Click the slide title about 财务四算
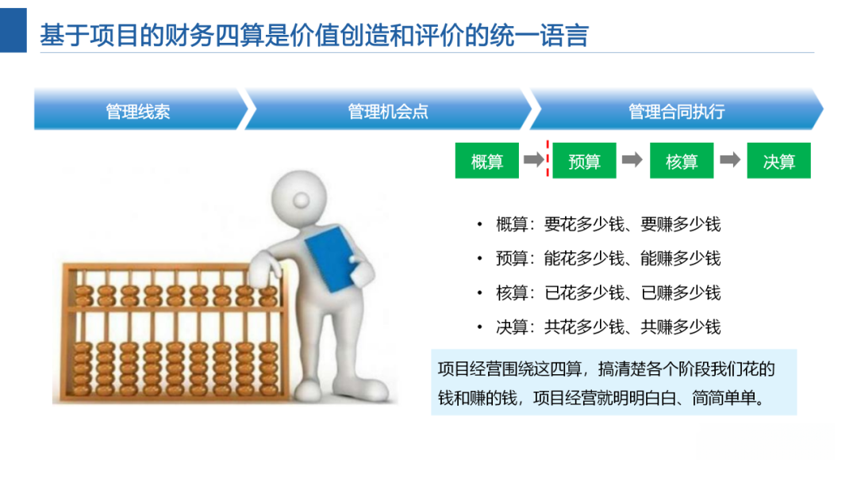313,36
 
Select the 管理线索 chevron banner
138,111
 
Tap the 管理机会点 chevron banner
388,111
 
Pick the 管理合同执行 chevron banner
676,111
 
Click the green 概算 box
486,161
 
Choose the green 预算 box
584,161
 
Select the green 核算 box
682,161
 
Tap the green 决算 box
778,161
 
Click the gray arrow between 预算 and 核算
632,160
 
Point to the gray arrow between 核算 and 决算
730,160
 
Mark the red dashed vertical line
547,159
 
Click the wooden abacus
171,333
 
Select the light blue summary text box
613,382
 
